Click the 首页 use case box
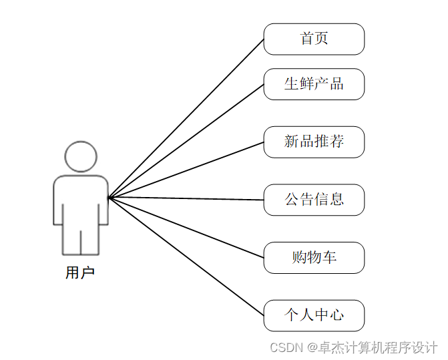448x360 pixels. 314,39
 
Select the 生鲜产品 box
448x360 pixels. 314,84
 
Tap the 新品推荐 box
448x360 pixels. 314,142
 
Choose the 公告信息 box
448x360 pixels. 314,200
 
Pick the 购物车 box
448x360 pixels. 314,258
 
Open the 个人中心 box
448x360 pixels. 314,315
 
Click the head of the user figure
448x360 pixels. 81,156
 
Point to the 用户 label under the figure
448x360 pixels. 80,273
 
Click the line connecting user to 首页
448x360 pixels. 186,118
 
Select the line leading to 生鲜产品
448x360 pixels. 186,141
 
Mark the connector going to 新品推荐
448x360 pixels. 186,170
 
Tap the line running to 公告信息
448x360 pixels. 186,198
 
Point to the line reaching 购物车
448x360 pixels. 186,227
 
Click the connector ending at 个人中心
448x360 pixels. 186,256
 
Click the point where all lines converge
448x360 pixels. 109,197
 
